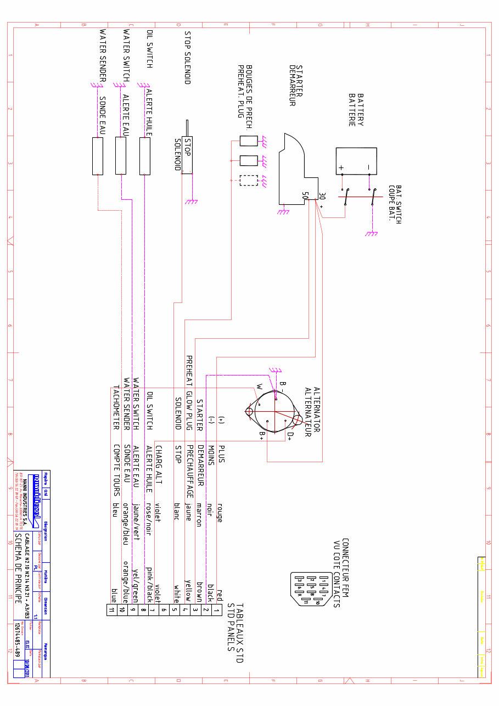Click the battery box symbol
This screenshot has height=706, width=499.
(x=356, y=160)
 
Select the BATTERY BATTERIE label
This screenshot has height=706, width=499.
(x=356, y=110)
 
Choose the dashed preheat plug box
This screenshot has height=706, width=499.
(x=249, y=181)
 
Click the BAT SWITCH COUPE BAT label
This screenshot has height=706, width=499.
(x=395, y=203)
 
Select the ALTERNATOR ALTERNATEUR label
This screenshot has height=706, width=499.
(x=312, y=412)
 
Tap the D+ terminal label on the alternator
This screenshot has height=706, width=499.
(x=290, y=436)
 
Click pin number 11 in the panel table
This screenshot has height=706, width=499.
(x=111, y=610)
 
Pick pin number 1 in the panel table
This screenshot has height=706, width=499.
(x=217, y=610)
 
